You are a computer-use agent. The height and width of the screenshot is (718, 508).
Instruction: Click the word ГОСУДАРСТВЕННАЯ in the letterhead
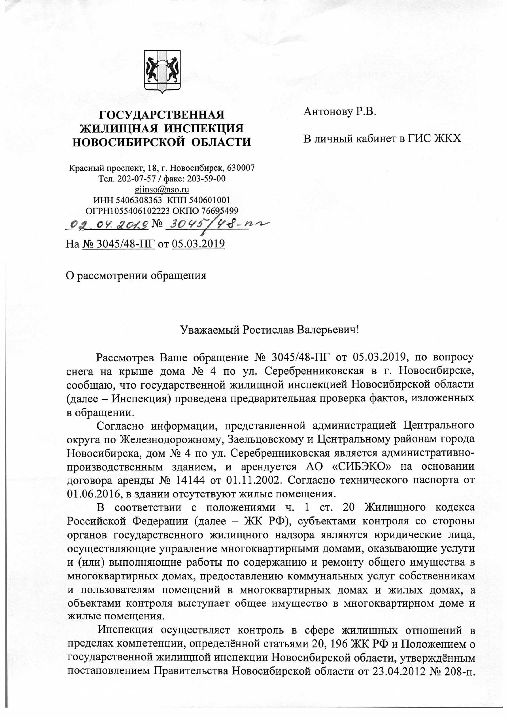coord(162,115)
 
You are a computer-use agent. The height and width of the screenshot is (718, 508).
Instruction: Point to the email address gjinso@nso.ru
coord(162,189)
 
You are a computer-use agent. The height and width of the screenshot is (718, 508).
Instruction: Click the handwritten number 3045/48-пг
coord(216,224)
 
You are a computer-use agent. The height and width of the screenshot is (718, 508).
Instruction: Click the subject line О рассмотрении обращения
coord(136,275)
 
